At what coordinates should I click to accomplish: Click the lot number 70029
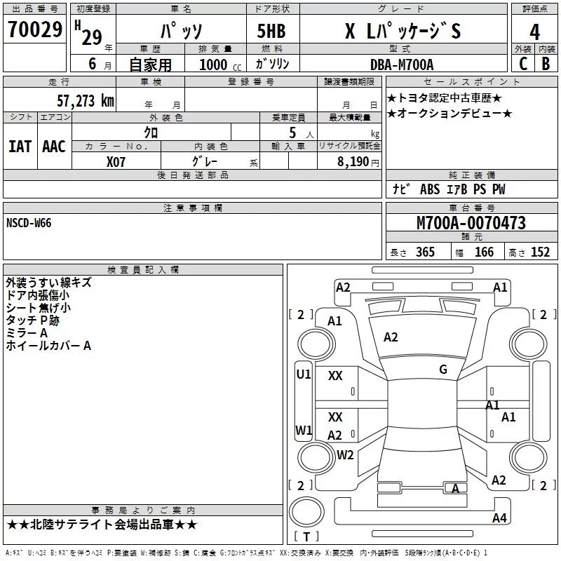(35, 29)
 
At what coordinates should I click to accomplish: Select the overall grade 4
(534, 32)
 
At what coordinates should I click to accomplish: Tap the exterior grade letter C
(523, 64)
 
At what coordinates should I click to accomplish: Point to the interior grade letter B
(546, 64)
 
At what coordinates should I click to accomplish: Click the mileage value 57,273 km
(86, 101)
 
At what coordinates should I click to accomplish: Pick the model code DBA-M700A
(402, 65)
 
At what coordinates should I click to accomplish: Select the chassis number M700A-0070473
(471, 223)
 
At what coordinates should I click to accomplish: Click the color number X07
(116, 162)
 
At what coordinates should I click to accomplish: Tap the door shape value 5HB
(271, 31)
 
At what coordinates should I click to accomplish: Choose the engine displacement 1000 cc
(220, 65)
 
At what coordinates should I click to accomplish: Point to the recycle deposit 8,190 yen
(358, 162)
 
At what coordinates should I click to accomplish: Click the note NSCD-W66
(29, 223)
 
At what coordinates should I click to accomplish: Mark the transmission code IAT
(20, 147)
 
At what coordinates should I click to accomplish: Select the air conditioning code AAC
(54, 147)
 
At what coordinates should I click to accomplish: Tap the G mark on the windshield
(443, 369)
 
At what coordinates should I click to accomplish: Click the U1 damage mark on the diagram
(304, 374)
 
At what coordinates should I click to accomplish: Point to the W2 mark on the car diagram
(345, 454)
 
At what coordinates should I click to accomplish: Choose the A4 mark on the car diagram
(499, 518)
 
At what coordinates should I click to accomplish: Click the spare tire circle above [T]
(306, 512)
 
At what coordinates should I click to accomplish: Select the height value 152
(540, 252)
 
